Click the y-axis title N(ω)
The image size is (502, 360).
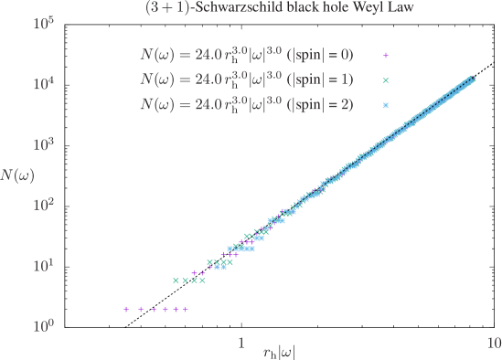18,175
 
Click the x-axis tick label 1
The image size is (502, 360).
240,343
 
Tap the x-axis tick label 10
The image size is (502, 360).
494,343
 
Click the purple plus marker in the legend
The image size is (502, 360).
386,56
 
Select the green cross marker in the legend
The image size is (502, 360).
386,80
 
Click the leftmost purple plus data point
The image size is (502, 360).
127,309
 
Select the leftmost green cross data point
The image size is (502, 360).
176,281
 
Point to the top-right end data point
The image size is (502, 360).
472,79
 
